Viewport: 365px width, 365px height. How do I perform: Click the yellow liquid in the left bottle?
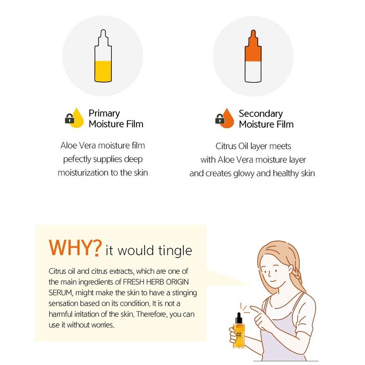[103, 71]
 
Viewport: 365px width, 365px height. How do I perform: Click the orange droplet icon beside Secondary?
[227, 118]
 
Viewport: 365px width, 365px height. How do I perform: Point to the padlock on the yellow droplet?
[69, 118]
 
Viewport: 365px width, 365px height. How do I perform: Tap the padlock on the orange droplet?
[220, 119]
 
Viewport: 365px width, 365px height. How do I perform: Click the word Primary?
[104, 114]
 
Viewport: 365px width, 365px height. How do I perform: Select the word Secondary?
[261, 114]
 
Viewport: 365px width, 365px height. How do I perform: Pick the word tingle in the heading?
[175, 251]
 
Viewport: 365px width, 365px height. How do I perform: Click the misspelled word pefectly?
[77, 159]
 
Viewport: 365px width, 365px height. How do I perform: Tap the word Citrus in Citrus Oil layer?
[225, 146]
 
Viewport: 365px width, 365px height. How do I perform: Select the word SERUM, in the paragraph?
[61, 293]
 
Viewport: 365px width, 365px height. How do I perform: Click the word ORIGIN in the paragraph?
[177, 282]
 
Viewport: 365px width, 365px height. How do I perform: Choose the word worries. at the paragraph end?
[102, 325]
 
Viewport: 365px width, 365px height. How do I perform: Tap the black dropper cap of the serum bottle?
[238, 318]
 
